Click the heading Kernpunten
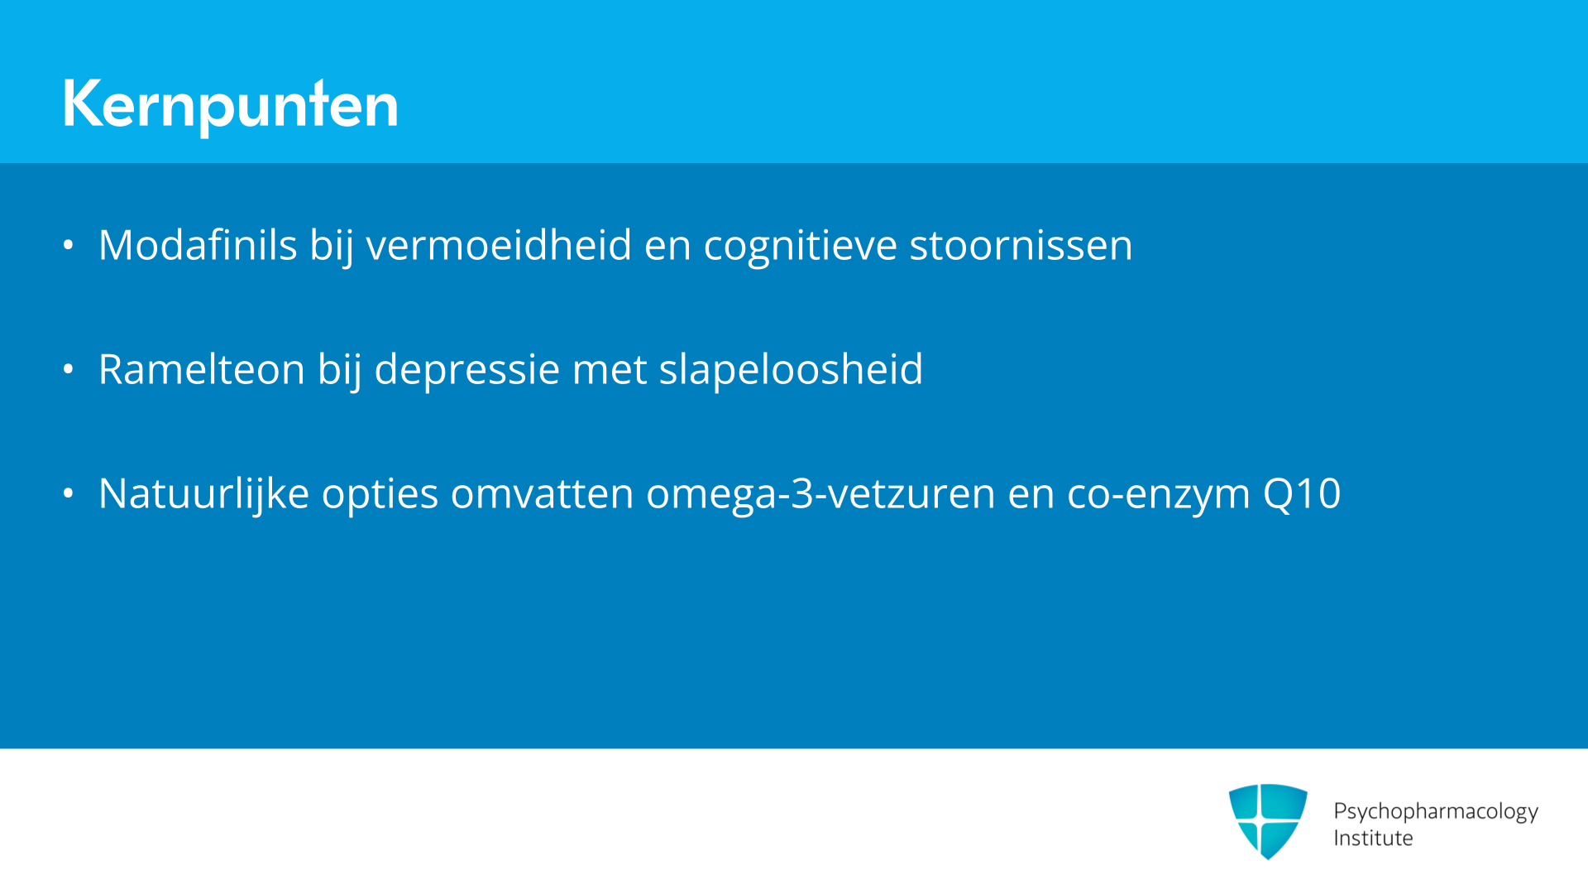click(x=230, y=105)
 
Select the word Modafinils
click(x=198, y=245)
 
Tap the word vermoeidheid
click(x=499, y=245)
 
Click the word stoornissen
click(x=1021, y=245)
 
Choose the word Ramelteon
click(x=202, y=369)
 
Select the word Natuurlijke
click(x=203, y=494)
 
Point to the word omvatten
click(x=542, y=494)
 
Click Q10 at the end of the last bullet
click(x=1302, y=494)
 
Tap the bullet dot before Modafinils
click(x=69, y=245)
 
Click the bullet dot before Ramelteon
click(x=69, y=369)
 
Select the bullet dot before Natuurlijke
click(x=69, y=493)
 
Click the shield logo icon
click(x=1268, y=821)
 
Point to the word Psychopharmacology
click(x=1436, y=811)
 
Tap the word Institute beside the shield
click(x=1373, y=838)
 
